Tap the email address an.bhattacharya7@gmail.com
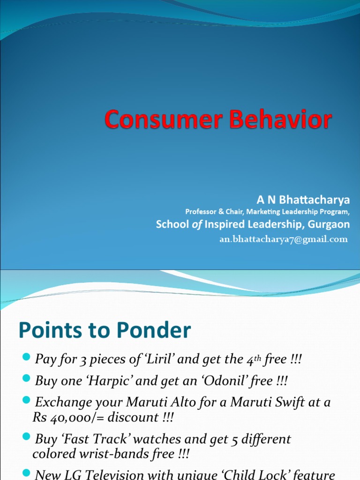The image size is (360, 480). tap(284, 240)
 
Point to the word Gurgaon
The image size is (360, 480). tap(329, 225)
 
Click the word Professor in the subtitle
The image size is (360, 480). tap(202, 212)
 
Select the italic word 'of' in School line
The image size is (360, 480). tap(197, 225)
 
